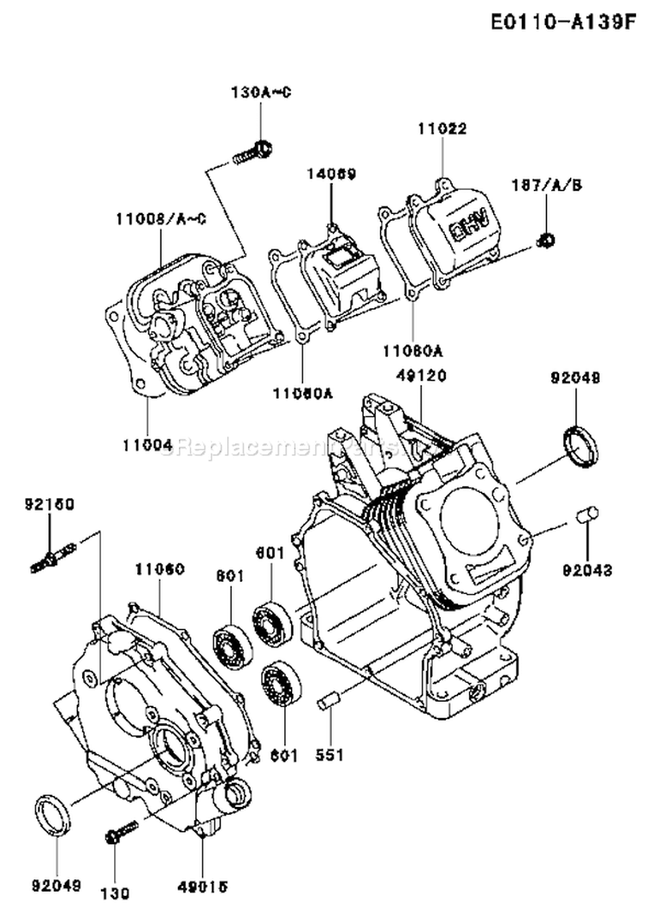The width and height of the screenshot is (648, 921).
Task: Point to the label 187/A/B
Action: (x=546, y=185)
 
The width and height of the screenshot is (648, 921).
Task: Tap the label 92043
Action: (x=588, y=570)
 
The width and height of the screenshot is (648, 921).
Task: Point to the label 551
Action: (x=329, y=755)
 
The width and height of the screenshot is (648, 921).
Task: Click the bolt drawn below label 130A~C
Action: (x=251, y=154)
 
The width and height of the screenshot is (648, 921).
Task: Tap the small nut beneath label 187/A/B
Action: (x=546, y=238)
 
